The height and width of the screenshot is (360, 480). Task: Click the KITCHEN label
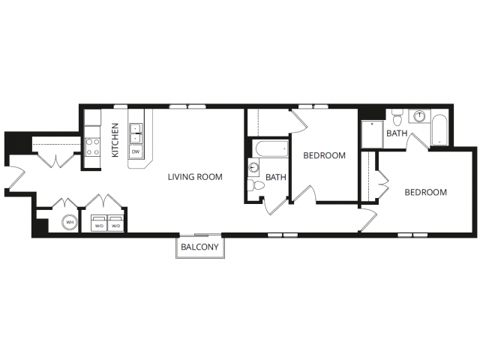coord(115,140)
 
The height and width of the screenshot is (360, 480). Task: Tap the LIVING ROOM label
coord(195,177)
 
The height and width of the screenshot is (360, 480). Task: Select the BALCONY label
coord(199,247)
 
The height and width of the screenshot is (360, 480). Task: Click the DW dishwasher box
coord(136,151)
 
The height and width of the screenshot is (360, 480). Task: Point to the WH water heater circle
coord(70,223)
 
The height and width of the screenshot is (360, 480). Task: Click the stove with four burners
coord(92,147)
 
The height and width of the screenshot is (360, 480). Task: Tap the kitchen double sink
coord(136,133)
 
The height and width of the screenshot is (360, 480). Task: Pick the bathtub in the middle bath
coord(271,148)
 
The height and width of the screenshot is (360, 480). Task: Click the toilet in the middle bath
coord(256,185)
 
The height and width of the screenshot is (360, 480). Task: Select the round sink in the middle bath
coord(253,167)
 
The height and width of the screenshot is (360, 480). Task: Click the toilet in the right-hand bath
coord(397,118)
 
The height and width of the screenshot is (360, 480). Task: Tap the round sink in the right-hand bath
coord(419,116)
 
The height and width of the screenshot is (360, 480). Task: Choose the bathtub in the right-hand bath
coord(439,130)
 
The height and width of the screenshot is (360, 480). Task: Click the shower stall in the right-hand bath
coord(372,134)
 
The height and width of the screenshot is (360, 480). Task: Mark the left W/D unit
coord(99,223)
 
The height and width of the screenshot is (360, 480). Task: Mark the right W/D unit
coord(116,223)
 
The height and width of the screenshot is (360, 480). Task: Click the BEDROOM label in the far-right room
coord(425,192)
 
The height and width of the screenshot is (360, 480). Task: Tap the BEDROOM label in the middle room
coord(324,155)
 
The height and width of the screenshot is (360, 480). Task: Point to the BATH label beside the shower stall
coord(397,133)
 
